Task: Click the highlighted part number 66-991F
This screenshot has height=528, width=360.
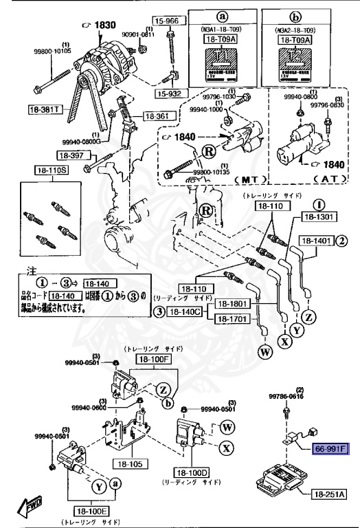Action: coord(331,448)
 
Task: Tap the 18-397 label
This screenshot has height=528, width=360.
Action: coord(71,155)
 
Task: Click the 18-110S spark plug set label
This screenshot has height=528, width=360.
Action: coord(47,169)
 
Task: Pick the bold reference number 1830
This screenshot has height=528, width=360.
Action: coord(105,25)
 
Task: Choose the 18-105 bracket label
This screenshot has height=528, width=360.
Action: coord(128,463)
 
